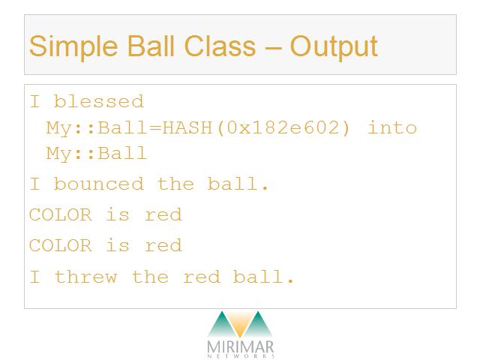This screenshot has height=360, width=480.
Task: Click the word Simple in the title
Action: pos(73,46)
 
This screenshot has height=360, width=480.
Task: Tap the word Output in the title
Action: pos(334,46)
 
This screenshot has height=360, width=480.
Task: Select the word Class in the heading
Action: pos(220,46)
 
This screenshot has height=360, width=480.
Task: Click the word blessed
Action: pos(98,101)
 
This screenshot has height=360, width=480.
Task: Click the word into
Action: pos(392,127)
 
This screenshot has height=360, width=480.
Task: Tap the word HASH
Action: pos(187,127)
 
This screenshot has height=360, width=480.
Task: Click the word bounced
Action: pos(98,184)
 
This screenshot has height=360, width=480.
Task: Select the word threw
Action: pos(85,277)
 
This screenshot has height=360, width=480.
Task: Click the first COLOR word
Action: pos(60,214)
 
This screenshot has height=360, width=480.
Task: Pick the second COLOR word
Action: pos(60,245)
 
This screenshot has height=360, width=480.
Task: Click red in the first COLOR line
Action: pos(163,214)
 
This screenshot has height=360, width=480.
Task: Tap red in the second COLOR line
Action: pos(163,245)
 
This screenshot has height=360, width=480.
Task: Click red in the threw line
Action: pos(202,277)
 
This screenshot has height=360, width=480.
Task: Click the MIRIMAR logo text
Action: pos(240,347)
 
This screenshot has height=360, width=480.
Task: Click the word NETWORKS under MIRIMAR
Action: pos(241,356)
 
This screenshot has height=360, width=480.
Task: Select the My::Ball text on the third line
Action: pos(97,153)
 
